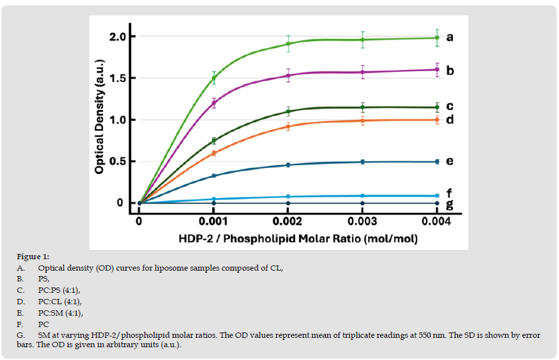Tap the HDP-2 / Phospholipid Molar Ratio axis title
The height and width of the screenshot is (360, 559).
(x=288, y=237)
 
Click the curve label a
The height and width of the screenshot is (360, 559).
(x=449, y=37)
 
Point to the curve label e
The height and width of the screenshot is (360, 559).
(x=449, y=161)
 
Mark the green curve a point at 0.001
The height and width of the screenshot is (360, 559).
(x=214, y=79)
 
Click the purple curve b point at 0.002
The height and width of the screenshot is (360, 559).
(x=288, y=75)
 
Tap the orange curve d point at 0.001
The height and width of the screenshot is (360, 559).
(x=214, y=153)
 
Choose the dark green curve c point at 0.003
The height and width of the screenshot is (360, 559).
(x=363, y=107)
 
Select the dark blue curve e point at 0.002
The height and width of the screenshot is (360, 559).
(x=288, y=165)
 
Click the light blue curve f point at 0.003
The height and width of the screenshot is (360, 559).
(x=363, y=195)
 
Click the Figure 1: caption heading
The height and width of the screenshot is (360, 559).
(x=33, y=257)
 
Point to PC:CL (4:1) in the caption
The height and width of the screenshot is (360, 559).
(x=60, y=302)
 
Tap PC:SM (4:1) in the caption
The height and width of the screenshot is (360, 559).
(x=60, y=312)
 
